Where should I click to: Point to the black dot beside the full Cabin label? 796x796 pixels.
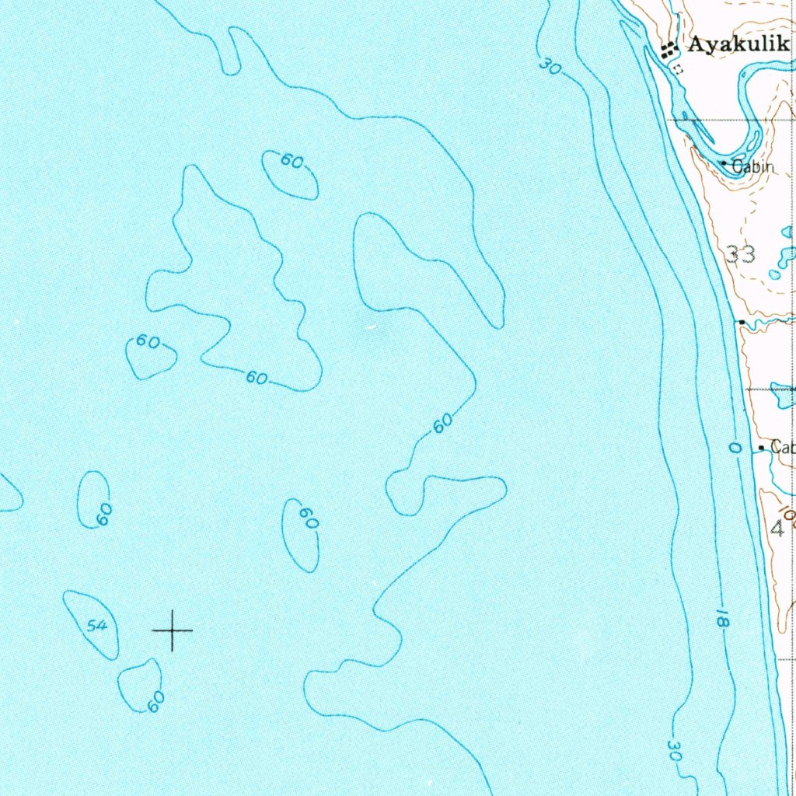724,163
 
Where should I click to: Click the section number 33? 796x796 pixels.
741,253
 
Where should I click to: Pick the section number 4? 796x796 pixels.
777,529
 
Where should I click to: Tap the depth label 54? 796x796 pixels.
98,625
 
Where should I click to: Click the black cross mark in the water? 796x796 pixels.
173,630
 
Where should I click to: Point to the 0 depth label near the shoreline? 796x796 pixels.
735,448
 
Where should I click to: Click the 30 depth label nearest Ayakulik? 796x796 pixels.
550,68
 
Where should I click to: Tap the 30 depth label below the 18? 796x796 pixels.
675,751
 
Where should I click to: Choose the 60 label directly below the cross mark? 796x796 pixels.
155,701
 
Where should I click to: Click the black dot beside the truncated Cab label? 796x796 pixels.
761,449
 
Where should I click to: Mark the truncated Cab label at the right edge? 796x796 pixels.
782,448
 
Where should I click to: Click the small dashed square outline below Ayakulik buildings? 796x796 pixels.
678,69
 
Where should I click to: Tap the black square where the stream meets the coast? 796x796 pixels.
742,322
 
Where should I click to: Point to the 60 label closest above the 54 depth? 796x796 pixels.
103,513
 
